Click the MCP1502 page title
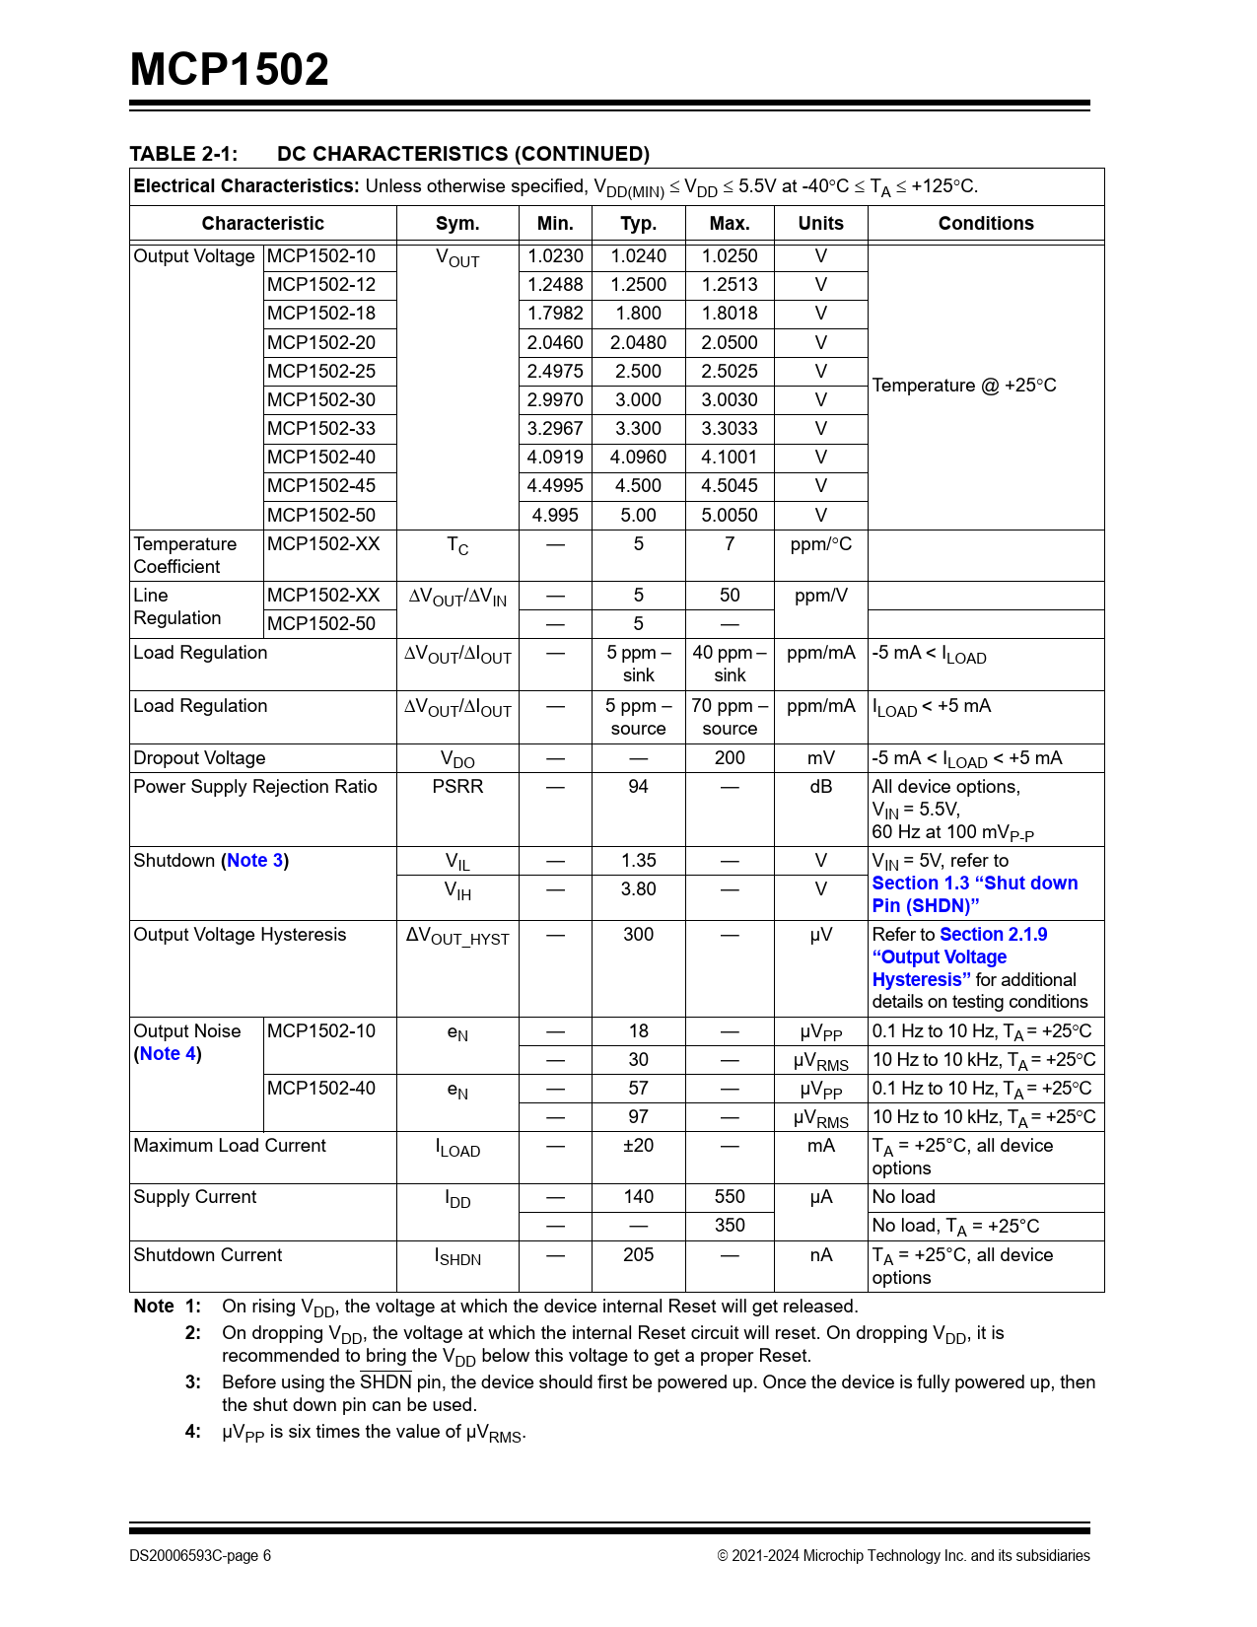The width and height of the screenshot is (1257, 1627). point(230,69)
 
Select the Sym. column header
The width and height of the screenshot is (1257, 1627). point(457,224)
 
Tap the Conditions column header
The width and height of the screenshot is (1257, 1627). point(986,224)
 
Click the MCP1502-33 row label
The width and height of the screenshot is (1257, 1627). point(321,429)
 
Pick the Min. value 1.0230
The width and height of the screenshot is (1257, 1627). point(555,256)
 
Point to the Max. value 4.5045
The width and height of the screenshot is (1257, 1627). point(730,486)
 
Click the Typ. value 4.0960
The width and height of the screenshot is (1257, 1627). point(639,458)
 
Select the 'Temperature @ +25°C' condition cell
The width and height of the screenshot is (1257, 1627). point(964,386)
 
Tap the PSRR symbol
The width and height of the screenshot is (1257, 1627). point(457,787)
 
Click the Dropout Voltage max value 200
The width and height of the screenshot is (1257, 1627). point(730,758)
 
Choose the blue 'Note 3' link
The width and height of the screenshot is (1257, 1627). point(255,861)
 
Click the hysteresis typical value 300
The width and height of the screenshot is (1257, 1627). point(639,935)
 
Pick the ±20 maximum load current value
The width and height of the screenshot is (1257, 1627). point(639,1146)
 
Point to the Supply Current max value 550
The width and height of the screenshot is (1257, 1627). point(730,1197)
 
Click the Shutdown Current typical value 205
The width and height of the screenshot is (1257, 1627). point(639,1255)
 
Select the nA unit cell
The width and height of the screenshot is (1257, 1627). point(821,1255)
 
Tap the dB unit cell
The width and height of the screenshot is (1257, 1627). point(821,787)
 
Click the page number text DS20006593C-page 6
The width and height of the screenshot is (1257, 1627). point(200,1556)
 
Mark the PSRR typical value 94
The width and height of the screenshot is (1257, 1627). point(639,787)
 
